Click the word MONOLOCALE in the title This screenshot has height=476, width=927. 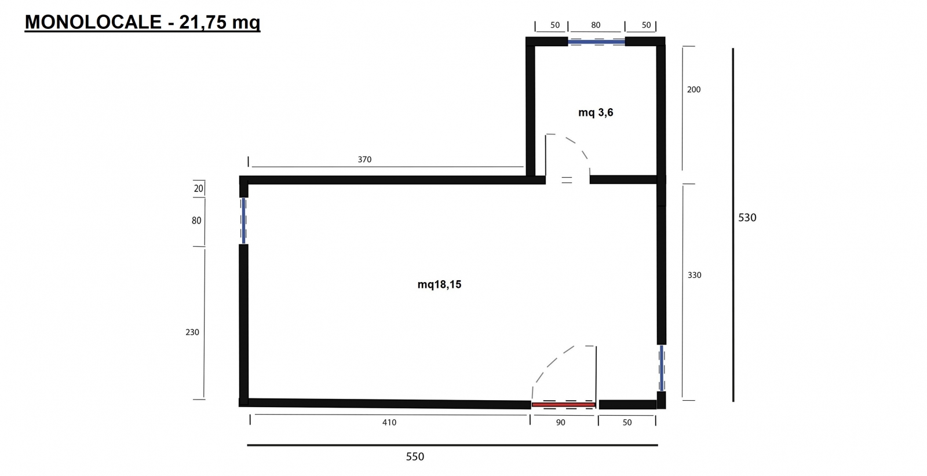[93, 22]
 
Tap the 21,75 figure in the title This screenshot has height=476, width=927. [203, 23]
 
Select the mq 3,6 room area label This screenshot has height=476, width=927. [596, 112]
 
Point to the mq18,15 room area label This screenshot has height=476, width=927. [439, 284]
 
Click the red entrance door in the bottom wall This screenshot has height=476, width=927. [563, 404]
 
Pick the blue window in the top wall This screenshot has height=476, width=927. [596, 42]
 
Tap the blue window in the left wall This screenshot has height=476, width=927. [244, 221]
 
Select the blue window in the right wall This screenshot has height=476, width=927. [662, 368]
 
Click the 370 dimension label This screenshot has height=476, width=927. [364, 159]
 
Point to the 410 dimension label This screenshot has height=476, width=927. [389, 422]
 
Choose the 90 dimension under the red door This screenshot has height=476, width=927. [560, 422]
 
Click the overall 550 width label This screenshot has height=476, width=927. [415, 456]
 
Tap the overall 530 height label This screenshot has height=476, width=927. [747, 218]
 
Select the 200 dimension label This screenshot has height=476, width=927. [694, 89]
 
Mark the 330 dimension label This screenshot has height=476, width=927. [695, 275]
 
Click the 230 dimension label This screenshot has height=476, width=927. [192, 332]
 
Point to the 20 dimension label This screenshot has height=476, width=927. [199, 189]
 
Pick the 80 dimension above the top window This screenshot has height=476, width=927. [596, 25]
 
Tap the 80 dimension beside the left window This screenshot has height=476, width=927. [196, 221]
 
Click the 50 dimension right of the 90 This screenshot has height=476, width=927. [627, 422]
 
